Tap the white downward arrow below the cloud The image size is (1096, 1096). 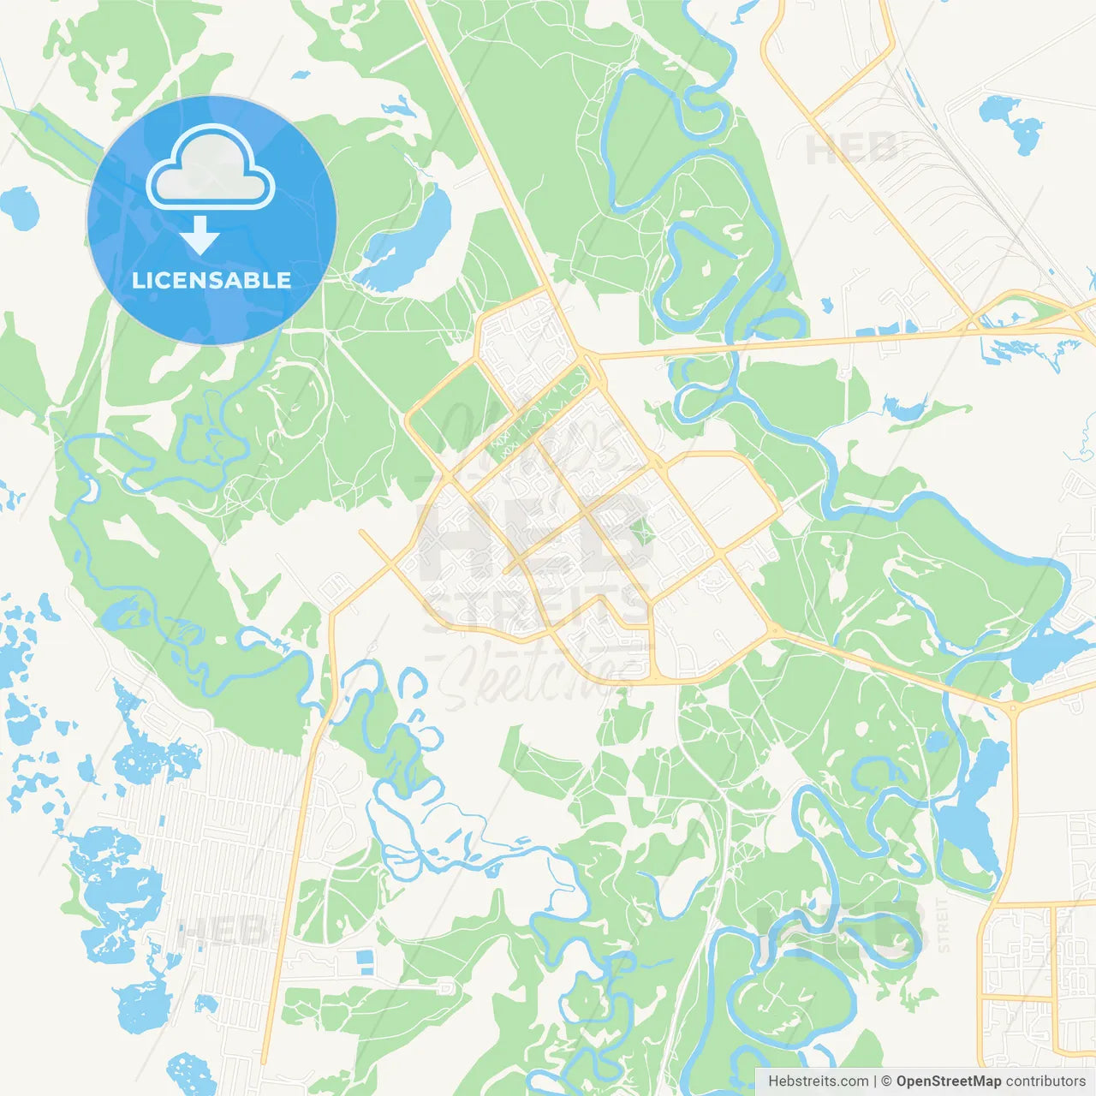point(200,235)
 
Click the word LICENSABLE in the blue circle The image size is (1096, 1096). point(211,280)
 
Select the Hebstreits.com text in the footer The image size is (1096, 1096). point(818,1081)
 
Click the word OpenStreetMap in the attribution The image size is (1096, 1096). point(949,1081)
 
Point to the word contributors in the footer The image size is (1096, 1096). point(1045,1081)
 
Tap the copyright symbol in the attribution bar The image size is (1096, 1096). point(886,1081)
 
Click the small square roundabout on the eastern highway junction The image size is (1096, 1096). point(1013,707)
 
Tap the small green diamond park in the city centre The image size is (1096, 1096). point(644,535)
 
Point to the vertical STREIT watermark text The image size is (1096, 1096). point(944,925)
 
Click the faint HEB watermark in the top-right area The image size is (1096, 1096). point(852,149)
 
